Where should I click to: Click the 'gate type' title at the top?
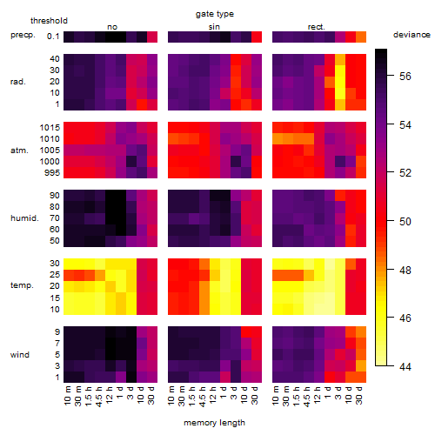[x=215, y=14]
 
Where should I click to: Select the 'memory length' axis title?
[x=214, y=423]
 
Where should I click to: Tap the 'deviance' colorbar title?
[x=412, y=35]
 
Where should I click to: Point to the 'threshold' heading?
[x=49, y=21]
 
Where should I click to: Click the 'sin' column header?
[x=214, y=27]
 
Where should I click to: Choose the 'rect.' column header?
[x=316, y=27]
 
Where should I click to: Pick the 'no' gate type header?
[x=112, y=27]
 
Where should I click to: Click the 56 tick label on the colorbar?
[x=405, y=77]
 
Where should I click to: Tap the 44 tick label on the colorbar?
[x=405, y=367]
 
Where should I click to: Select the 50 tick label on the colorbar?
[x=405, y=222]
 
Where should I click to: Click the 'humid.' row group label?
[x=24, y=218]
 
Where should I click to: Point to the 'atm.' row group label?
[x=19, y=151]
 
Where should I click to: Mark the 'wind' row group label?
[x=20, y=355]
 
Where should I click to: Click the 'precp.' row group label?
[x=23, y=35]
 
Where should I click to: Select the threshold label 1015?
[x=50, y=128]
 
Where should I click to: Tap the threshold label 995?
[x=52, y=173]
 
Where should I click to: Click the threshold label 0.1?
[x=53, y=37]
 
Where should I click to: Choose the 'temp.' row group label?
[x=22, y=285]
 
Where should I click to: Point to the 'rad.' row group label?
[x=18, y=82]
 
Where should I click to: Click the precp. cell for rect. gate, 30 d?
[x=361, y=37]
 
